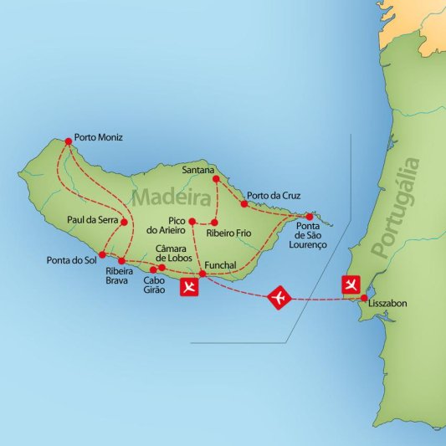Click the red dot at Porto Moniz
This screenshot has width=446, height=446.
coord(68,141)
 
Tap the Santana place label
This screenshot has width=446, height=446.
coord(198,168)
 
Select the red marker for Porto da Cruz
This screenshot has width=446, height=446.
coord(244,203)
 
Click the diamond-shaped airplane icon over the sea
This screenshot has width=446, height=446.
coord(279,297)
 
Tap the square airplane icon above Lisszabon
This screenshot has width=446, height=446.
coord(351,285)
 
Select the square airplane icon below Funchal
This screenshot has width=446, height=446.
coord(190,288)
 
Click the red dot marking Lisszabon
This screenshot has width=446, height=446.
coord(364,297)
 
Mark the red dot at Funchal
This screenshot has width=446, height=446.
coord(202,274)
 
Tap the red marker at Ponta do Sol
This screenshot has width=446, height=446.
coord(103,254)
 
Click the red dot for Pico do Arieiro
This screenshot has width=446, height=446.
coord(192,222)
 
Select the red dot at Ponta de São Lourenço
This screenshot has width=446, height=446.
coord(309,216)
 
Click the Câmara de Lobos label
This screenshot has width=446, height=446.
coord(176,253)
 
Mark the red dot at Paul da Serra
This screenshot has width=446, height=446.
coord(124,222)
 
